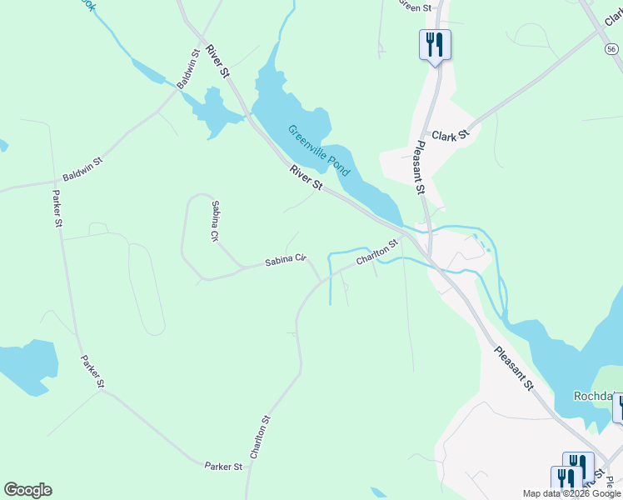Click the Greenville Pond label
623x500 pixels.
pyautogui.click(x=319, y=150)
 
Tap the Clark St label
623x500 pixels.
pyautogui.click(x=451, y=134)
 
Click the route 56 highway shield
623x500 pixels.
pyautogui.click(x=611, y=50)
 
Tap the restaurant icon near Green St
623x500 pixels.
pyautogui.click(x=435, y=44)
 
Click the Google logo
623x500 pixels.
pyautogui.click(x=27, y=490)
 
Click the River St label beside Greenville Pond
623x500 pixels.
pyautogui.click(x=306, y=177)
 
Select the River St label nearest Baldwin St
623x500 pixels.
pyautogui.click(x=218, y=62)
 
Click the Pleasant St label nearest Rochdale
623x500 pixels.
pyautogui.click(x=513, y=367)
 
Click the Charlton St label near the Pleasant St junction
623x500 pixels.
pyautogui.click(x=376, y=252)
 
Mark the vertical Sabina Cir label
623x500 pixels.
pyautogui.click(x=214, y=221)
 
